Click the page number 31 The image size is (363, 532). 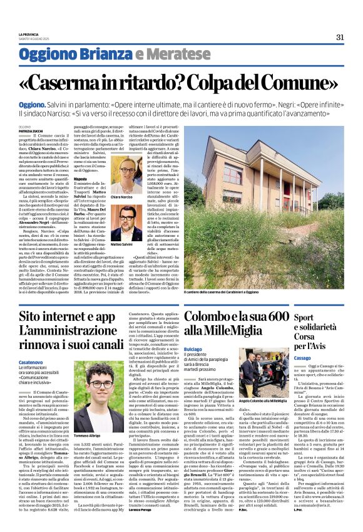click(x=339, y=37)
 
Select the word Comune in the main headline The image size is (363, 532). click(x=289, y=82)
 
